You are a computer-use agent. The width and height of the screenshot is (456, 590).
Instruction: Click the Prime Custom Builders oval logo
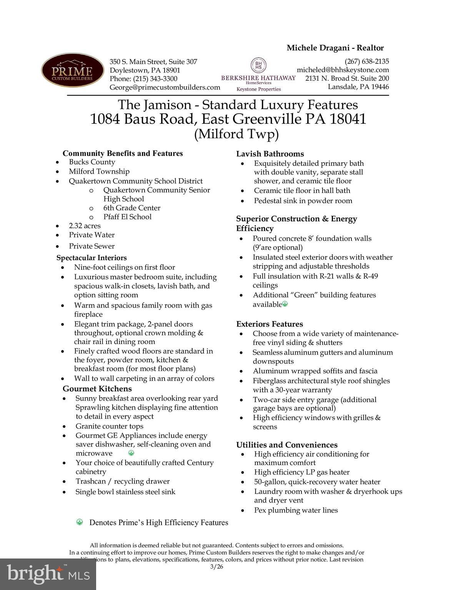point(72,70)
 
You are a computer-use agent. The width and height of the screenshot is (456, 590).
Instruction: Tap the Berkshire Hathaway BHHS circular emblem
point(258,65)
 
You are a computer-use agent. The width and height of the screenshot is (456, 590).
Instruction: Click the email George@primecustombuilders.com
point(165,87)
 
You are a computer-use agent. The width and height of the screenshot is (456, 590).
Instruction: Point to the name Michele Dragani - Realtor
point(335,48)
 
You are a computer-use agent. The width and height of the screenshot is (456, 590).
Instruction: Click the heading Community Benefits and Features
point(123,153)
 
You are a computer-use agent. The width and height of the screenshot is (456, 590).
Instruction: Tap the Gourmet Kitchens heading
point(97,389)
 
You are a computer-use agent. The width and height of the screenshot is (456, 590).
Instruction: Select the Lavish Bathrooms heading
point(270,154)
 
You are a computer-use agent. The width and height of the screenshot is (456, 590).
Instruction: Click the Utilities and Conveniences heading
point(287,445)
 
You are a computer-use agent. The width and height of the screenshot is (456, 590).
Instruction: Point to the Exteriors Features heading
point(270,324)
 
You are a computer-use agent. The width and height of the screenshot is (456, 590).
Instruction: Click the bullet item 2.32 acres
point(85,226)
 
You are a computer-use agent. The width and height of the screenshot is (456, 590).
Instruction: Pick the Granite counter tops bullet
point(109,426)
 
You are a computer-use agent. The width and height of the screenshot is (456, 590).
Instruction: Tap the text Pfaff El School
point(127,217)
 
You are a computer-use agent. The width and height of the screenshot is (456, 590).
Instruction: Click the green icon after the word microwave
point(131,453)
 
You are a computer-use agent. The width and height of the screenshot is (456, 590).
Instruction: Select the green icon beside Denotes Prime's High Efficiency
point(80,522)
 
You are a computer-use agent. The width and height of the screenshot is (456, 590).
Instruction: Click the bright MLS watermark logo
point(48,574)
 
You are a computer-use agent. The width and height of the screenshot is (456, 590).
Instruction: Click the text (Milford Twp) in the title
point(236,134)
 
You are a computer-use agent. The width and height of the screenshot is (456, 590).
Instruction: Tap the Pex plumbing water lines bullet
point(296,510)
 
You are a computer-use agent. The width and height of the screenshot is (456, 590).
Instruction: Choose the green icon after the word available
point(285,304)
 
